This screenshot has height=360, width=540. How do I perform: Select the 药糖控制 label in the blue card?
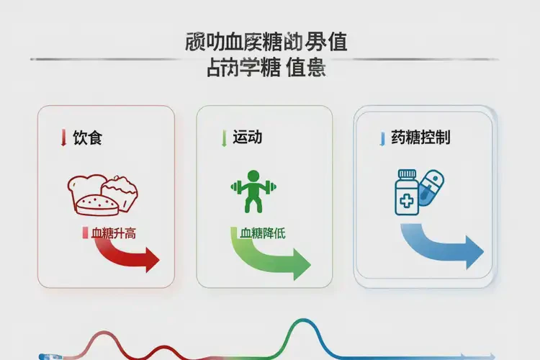pyautogui.click(x=420, y=138)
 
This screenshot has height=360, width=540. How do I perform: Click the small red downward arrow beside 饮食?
pyautogui.click(x=64, y=138)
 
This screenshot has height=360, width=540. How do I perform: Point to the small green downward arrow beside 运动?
pyautogui.click(x=225, y=138)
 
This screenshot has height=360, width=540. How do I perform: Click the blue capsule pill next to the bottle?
pyautogui.click(x=433, y=186)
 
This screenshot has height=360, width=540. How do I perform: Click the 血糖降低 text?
pyautogui.click(x=262, y=233)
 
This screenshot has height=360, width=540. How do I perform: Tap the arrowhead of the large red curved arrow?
pyautogui.click(x=151, y=259)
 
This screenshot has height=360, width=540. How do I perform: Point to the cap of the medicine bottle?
pyautogui.click(x=408, y=174)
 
